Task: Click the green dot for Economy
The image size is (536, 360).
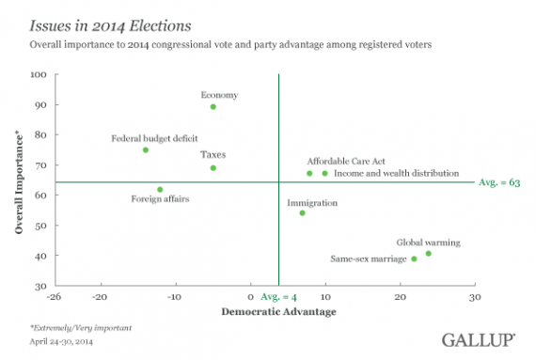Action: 213,107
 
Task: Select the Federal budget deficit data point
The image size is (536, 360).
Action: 146,150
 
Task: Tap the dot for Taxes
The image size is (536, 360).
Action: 213,168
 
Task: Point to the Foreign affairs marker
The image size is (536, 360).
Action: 160,190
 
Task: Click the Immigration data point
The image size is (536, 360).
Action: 302,213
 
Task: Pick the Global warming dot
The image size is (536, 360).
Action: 429,254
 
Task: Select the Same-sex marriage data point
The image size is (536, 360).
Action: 414,259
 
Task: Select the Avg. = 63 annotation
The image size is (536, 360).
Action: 499,182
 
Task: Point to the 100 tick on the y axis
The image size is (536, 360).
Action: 40,74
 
